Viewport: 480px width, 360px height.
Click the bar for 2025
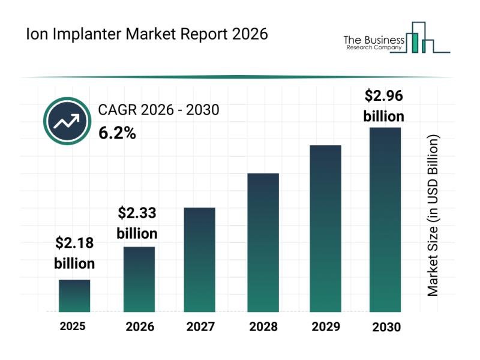pyautogui.click(x=74, y=296)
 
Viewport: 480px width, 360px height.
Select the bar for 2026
pyautogui.click(x=139, y=279)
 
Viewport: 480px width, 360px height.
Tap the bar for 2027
pyautogui.click(x=200, y=259)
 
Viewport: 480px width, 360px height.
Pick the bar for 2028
pyautogui.click(x=263, y=242)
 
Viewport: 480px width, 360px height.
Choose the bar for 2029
pyautogui.click(x=325, y=228)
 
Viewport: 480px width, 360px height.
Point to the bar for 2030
pyautogui.click(x=385, y=220)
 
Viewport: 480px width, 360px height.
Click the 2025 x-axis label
pyautogui.click(x=73, y=326)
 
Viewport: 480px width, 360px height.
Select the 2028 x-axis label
pyautogui.click(x=263, y=327)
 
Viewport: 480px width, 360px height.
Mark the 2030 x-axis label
pyautogui.click(x=385, y=327)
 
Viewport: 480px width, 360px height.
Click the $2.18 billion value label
pyautogui.click(x=74, y=253)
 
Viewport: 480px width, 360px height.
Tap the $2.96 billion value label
pyautogui.click(x=384, y=105)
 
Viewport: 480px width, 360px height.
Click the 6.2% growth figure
pyautogui.click(x=117, y=133)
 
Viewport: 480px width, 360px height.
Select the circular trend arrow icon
pyautogui.click(x=67, y=121)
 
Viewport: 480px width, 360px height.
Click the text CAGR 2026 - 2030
pyautogui.click(x=158, y=110)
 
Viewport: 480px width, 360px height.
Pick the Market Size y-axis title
pyautogui.click(x=433, y=215)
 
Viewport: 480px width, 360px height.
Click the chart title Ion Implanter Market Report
pyautogui.click(x=146, y=34)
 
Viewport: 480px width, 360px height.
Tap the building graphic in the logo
pyautogui.click(x=420, y=38)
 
